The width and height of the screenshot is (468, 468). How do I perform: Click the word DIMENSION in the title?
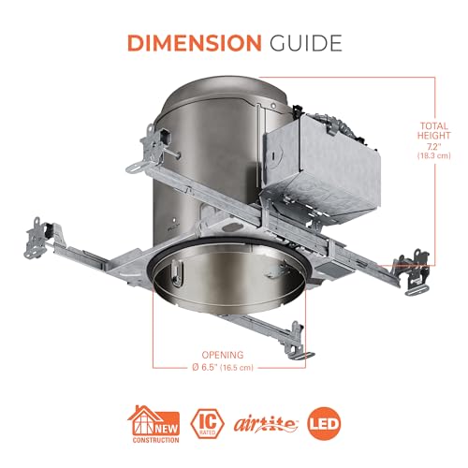point(195,43)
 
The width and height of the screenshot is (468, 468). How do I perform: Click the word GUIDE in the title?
point(306,43)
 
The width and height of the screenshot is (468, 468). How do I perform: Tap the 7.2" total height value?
point(434,146)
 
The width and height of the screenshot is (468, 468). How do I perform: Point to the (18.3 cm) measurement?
point(434,155)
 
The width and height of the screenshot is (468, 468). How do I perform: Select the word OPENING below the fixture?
point(223,355)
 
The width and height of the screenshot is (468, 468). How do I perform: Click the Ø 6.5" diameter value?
point(205,367)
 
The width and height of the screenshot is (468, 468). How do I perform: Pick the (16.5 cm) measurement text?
point(237,368)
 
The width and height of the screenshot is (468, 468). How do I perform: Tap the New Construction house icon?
point(154,424)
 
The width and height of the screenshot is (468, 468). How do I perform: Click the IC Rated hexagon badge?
point(208,424)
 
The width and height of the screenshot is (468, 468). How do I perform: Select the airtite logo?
point(266,425)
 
